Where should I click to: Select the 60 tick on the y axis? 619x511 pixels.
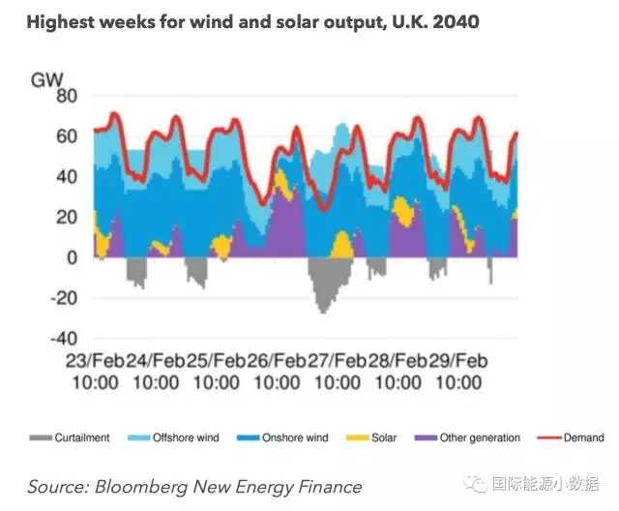[x=66, y=136]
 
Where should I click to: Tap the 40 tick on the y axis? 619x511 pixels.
[x=66, y=177]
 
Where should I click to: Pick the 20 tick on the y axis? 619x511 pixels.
[x=66, y=217]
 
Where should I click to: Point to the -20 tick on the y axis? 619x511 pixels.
[x=62, y=298]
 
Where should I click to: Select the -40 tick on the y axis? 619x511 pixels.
[x=62, y=339]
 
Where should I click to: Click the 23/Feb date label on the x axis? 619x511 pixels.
[x=94, y=360]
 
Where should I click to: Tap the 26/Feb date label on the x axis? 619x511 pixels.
[x=274, y=360]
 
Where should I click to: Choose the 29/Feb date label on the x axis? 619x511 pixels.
[x=455, y=360]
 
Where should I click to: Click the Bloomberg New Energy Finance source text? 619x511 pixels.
[x=194, y=486]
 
